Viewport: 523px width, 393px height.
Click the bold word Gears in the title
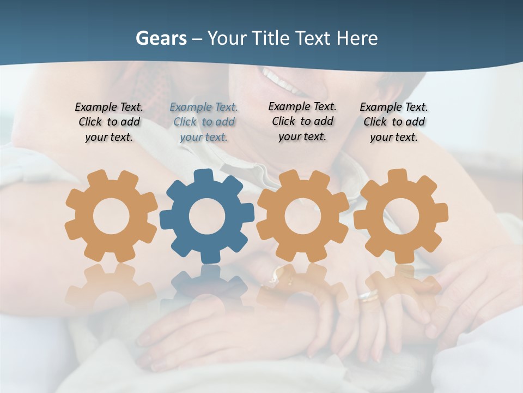(x=161, y=38)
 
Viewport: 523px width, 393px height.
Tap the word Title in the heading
(x=272, y=38)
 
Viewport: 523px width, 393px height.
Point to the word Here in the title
(x=357, y=38)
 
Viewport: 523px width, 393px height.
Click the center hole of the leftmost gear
(x=111, y=216)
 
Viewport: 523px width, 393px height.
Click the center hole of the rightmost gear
(x=400, y=216)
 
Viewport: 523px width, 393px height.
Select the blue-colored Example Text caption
(x=204, y=122)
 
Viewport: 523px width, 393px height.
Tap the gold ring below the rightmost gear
(x=369, y=296)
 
